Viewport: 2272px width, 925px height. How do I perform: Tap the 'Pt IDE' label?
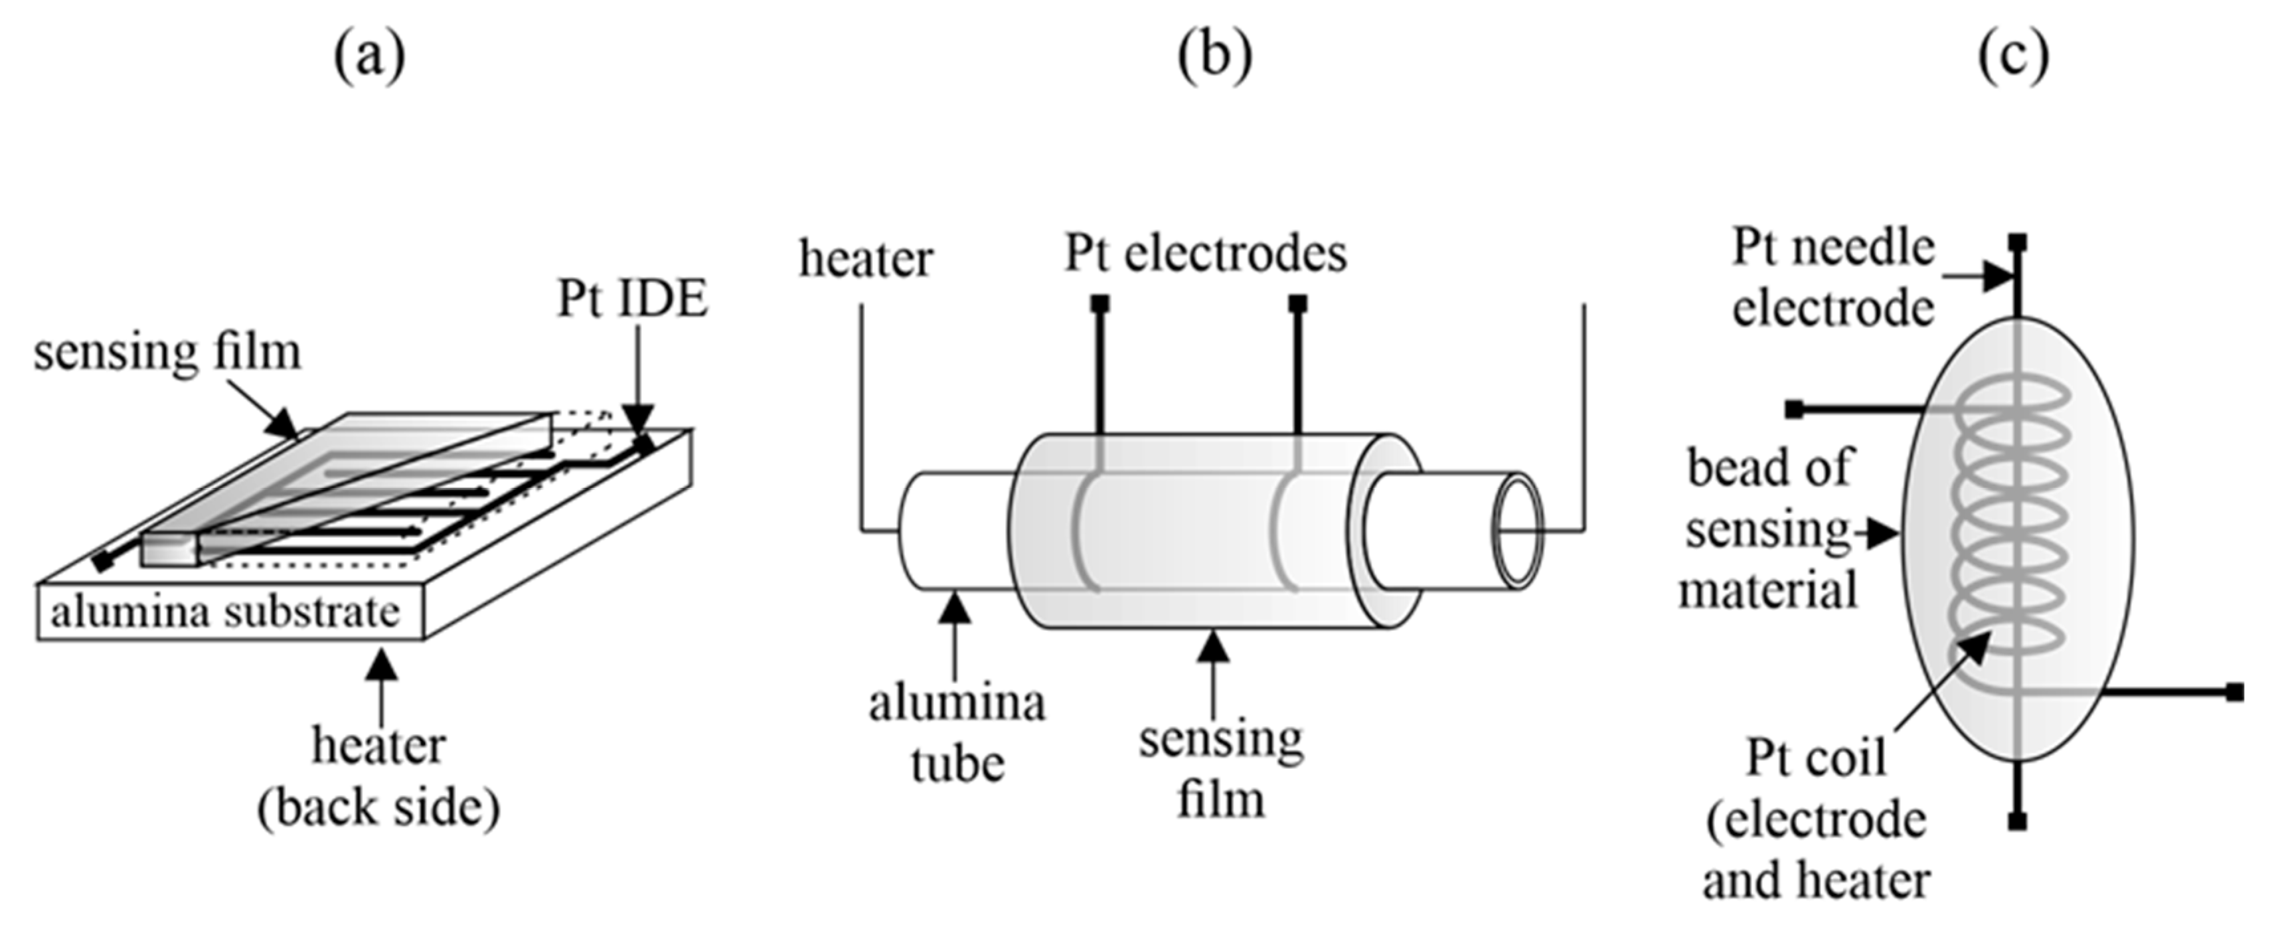point(631,299)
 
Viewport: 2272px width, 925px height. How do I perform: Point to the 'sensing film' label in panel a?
point(167,352)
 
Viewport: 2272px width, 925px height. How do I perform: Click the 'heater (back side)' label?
point(378,777)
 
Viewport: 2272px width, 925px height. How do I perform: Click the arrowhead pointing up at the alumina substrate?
point(381,662)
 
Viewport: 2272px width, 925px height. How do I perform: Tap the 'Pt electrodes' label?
point(1206,254)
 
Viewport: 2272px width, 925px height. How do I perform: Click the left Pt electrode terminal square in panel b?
point(1100,304)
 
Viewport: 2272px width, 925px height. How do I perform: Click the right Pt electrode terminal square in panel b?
point(1297,304)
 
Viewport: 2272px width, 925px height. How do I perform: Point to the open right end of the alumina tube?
point(1517,531)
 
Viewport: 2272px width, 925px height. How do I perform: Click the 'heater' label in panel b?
point(865,259)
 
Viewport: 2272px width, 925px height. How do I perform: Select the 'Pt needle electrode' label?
point(1832,277)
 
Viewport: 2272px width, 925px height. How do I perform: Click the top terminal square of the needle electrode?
point(2017,242)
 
